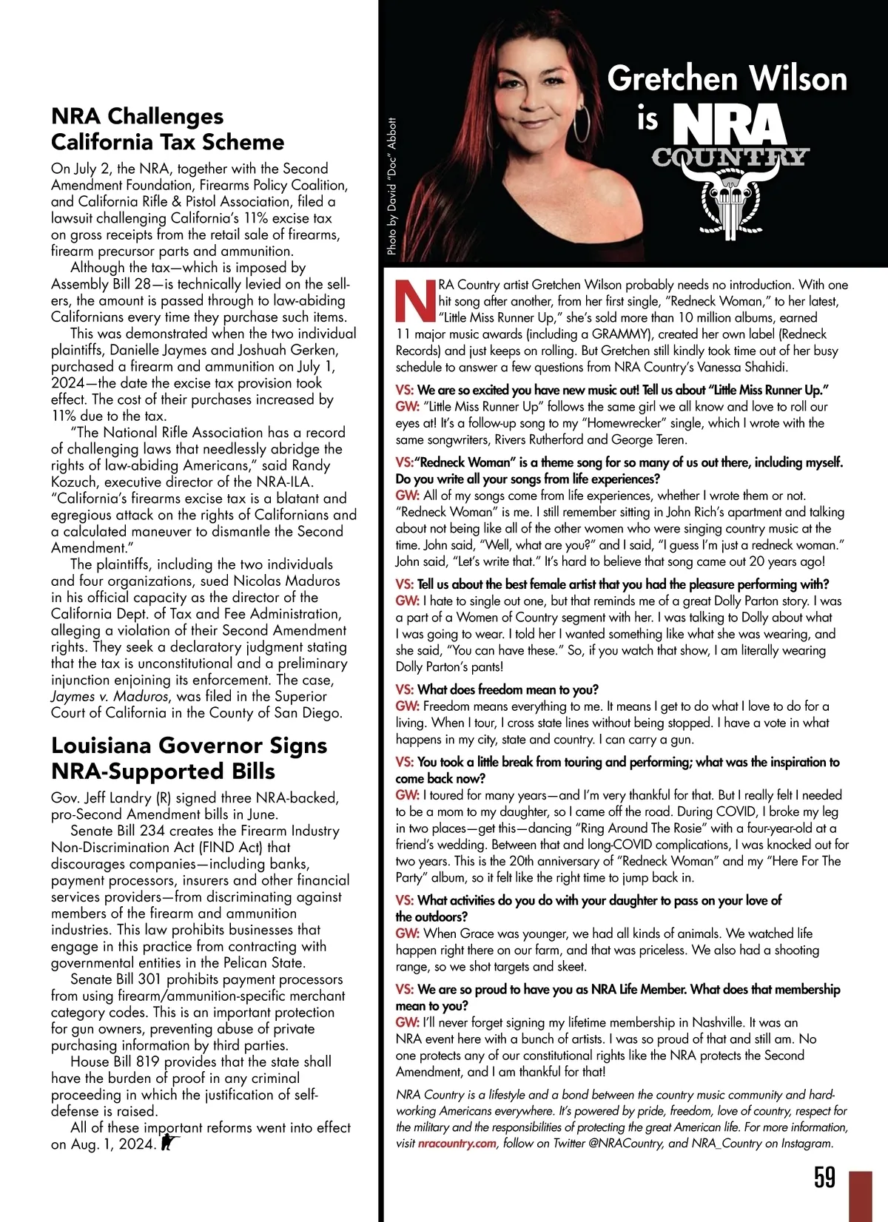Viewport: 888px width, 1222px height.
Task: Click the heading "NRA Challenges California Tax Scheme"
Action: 167,129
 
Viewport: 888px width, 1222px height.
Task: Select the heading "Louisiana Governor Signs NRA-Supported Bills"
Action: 189,757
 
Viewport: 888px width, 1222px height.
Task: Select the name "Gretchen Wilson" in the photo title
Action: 727,79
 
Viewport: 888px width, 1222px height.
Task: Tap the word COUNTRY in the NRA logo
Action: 729,157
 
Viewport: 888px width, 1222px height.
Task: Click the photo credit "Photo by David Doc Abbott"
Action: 392,186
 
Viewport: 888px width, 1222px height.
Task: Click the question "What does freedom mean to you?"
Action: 508,689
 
